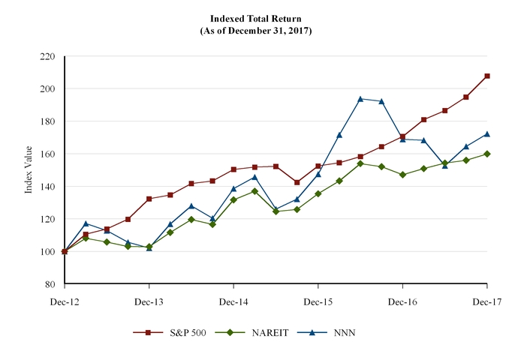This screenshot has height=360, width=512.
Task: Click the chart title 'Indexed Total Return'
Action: (255, 18)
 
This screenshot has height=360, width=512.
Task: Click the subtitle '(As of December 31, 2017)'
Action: (255, 31)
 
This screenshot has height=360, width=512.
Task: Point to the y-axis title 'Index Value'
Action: (29, 171)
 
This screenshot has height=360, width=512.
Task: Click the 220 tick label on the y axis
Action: (48, 56)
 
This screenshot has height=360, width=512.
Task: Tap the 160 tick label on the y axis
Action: (48, 154)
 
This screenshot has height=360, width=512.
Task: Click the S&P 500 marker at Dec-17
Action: (487, 76)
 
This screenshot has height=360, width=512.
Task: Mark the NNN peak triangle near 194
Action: (360, 98)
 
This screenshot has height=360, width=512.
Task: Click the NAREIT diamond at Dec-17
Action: (487, 154)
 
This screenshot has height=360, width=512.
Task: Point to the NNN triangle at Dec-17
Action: (487, 134)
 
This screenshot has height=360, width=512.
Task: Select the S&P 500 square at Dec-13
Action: (149, 199)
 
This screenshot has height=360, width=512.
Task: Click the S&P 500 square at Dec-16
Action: (402, 136)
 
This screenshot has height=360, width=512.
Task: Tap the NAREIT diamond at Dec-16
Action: (402, 175)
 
